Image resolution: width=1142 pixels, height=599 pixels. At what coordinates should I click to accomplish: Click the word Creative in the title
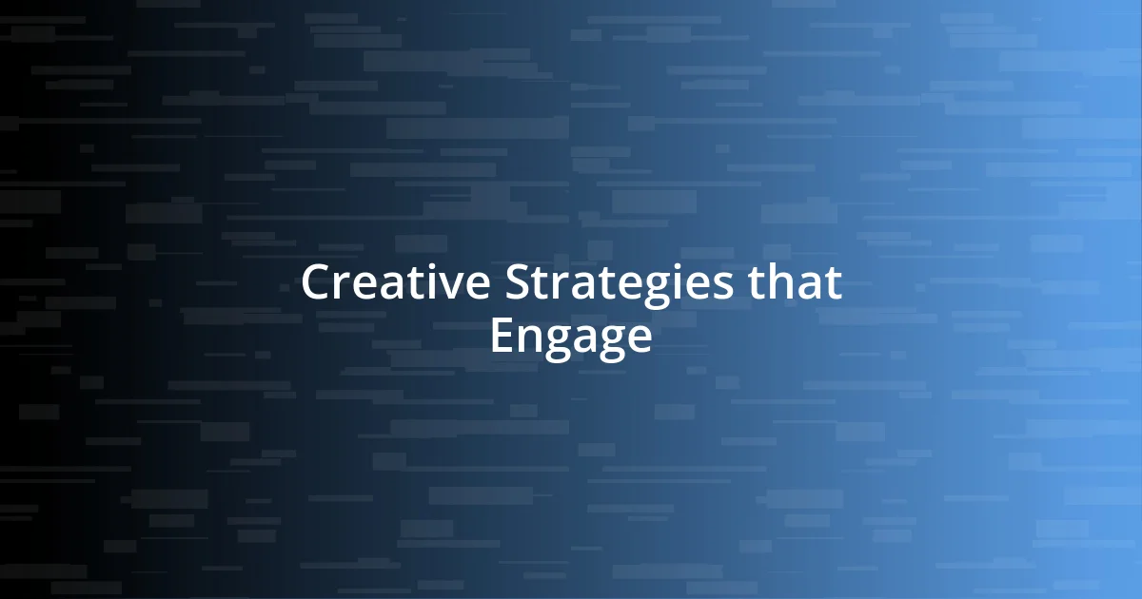[397, 283]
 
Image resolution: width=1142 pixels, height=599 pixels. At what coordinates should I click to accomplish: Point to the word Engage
[571, 337]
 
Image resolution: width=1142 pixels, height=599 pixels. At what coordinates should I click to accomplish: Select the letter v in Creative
[448, 287]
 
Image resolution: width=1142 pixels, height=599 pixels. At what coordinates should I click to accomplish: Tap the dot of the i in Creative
[430, 267]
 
